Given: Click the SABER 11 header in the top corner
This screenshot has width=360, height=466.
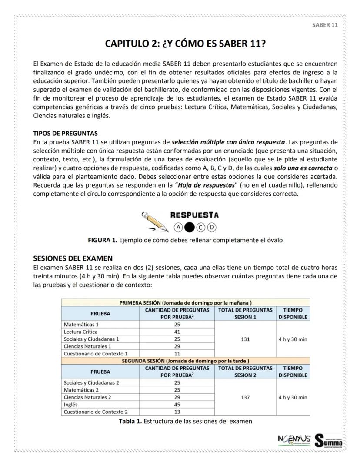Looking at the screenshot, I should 325,25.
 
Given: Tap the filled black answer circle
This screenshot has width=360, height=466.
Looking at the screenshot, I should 190,226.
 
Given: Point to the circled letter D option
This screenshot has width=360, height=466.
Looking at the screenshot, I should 212,226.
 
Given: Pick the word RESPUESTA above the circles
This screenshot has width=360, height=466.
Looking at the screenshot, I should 195,215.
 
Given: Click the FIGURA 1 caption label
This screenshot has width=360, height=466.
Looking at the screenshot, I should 103,240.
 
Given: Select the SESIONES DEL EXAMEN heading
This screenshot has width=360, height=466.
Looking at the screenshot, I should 73,258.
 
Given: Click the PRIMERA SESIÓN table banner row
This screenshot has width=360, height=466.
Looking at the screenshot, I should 186,302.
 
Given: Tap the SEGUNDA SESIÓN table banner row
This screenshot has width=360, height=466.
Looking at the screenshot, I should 186,360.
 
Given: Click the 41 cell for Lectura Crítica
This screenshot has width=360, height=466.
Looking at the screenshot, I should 177,332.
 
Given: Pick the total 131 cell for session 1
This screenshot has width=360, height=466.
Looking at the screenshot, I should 245,339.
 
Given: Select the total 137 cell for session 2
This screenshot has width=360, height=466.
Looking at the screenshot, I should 245,397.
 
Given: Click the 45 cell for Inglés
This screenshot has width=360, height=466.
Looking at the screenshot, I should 177,404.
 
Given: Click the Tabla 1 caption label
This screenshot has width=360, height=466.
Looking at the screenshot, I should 130,421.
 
